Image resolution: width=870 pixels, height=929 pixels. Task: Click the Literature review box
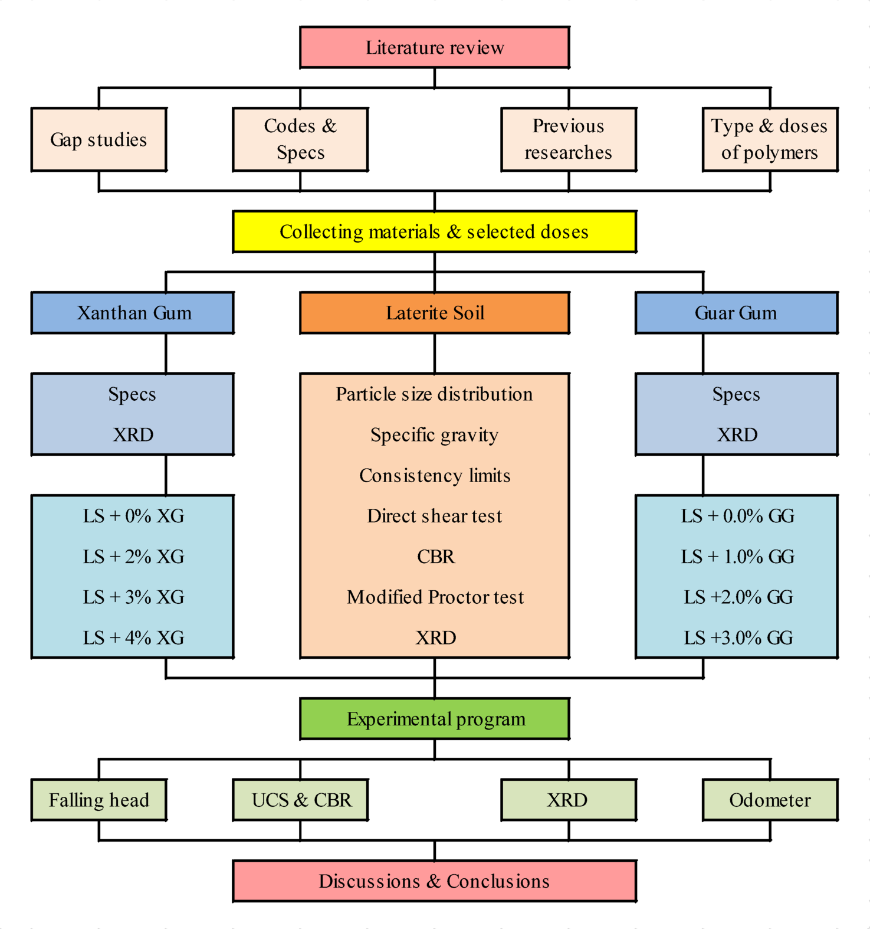pyautogui.click(x=435, y=47)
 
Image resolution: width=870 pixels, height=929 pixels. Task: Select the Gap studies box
pyautogui.click(x=99, y=140)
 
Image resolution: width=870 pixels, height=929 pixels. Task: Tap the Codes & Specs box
pyautogui.click(x=300, y=140)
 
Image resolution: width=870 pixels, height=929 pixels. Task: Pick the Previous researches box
pyautogui.click(x=568, y=140)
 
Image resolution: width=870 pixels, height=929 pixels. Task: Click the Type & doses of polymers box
pyautogui.click(x=770, y=140)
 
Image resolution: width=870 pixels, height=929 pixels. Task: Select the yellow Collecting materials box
pyautogui.click(x=435, y=231)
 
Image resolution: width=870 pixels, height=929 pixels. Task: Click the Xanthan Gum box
pyautogui.click(x=133, y=313)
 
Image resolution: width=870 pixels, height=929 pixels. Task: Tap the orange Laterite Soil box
pyautogui.click(x=435, y=313)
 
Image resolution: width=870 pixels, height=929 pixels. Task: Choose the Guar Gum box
pyautogui.click(x=736, y=313)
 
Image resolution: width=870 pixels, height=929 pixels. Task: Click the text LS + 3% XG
pyautogui.click(x=133, y=597)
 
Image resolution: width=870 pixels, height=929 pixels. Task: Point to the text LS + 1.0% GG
pyautogui.click(x=737, y=557)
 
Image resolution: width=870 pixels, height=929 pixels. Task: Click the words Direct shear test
pyautogui.click(x=435, y=516)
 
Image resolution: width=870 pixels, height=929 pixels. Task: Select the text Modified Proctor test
pyautogui.click(x=435, y=597)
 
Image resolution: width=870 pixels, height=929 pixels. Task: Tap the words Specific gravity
pyautogui.click(x=435, y=435)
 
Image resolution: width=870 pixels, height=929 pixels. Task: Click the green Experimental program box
pyautogui.click(x=435, y=719)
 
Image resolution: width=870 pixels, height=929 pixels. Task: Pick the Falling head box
pyautogui.click(x=99, y=800)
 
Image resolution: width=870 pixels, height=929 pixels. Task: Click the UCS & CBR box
pyautogui.click(x=300, y=800)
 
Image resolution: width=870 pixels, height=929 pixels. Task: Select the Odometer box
pyautogui.click(x=770, y=800)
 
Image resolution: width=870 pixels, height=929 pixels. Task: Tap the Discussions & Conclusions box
pyautogui.click(x=435, y=881)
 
